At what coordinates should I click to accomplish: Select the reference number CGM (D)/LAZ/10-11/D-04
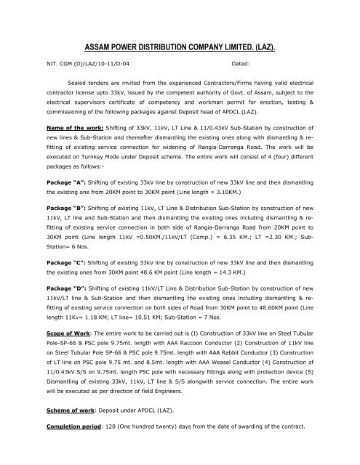point(95,65)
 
